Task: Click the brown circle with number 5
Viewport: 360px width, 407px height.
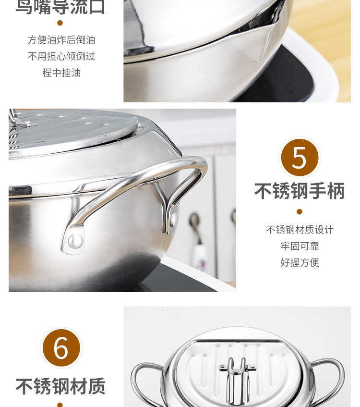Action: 299,157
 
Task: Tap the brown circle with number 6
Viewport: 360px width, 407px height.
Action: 61,348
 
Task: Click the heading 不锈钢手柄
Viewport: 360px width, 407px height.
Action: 299,191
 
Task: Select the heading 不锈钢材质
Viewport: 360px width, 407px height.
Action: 60,386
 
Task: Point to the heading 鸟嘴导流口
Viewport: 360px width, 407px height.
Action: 60,7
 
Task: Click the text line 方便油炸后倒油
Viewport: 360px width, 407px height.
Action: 61,40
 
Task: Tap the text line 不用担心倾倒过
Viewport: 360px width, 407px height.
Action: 61,56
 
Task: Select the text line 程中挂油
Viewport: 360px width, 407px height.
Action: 61,73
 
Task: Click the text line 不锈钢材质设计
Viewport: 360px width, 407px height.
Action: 300,230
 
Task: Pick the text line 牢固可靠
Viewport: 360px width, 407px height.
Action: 300,246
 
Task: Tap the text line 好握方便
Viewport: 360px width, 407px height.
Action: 300,262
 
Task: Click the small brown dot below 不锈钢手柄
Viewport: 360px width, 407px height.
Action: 300,211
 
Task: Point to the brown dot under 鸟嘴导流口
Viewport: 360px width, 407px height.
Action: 60,23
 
